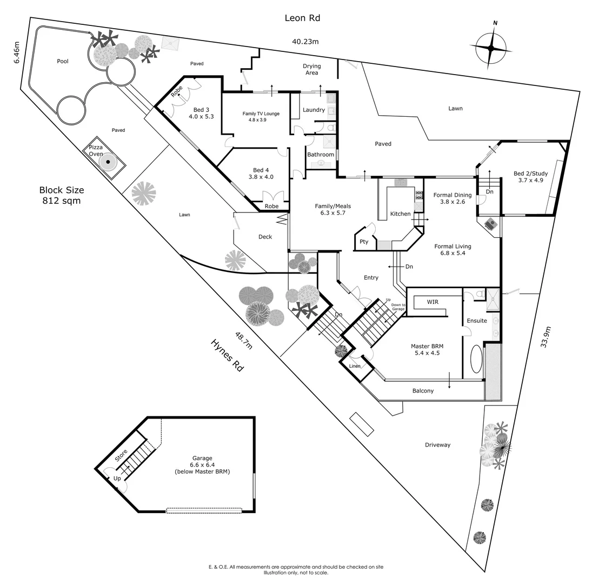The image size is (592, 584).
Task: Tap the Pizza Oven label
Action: point(96,151)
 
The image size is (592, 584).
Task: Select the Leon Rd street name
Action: point(302,18)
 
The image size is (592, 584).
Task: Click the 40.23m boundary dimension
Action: point(305,41)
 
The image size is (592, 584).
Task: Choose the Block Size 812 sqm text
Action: point(62,195)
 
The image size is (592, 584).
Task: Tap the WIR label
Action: point(433,301)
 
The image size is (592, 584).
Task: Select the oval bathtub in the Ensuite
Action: point(476,359)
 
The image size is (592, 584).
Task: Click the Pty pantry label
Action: point(364,242)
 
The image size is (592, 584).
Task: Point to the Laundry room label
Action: point(314,110)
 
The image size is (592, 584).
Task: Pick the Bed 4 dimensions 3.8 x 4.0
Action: point(261,177)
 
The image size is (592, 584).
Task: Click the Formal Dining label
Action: point(453,195)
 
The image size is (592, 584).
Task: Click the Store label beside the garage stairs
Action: point(122,455)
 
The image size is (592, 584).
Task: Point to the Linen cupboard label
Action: point(355,366)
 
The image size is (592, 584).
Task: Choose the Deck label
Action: point(265,237)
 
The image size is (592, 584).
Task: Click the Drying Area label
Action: point(311,69)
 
